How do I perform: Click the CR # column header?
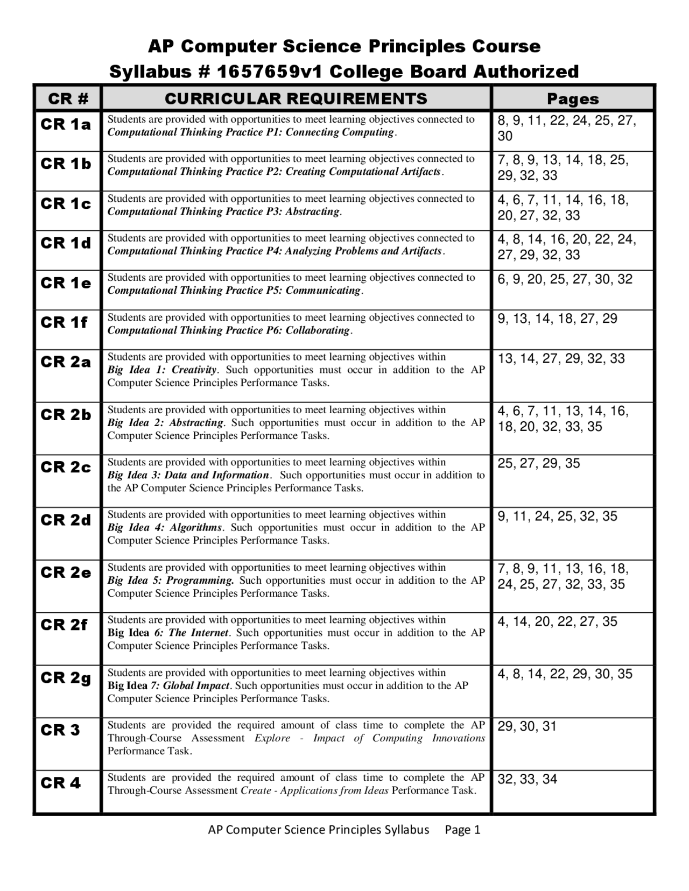coord(67,99)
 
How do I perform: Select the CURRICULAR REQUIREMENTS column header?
coord(296,99)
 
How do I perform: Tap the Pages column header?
coord(573,99)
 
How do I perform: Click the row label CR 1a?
coord(66,125)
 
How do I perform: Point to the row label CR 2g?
coord(66,678)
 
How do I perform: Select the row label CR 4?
coord(60,783)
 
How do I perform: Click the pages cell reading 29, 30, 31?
coord(527,727)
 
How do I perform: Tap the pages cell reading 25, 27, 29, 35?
coord(538,464)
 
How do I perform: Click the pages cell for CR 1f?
coord(557,319)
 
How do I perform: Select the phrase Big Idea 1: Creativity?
coord(161,370)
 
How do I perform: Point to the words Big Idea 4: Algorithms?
coord(164,528)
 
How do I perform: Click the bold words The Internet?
coord(199,633)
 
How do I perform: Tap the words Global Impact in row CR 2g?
coord(196,686)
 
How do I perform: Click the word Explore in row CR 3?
coord(272,738)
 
